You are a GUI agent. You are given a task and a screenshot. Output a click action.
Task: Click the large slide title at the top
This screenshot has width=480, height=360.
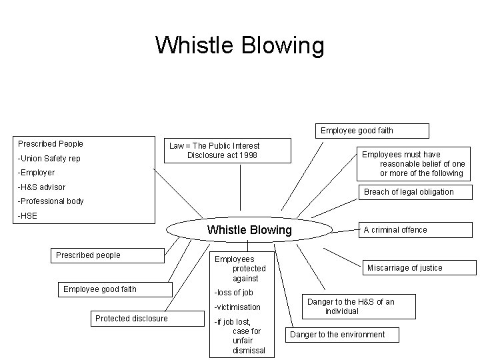click(x=239, y=45)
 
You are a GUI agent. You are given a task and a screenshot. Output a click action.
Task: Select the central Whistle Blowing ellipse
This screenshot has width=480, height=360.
click(x=249, y=230)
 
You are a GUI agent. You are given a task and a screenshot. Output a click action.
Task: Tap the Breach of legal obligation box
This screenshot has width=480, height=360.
click(x=408, y=192)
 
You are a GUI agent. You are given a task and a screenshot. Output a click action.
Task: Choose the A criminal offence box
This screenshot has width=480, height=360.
click(x=395, y=230)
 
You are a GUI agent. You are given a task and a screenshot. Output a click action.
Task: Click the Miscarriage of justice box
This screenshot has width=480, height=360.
click(x=405, y=268)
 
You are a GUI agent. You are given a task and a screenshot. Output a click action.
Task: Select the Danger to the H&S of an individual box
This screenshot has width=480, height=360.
click(x=351, y=307)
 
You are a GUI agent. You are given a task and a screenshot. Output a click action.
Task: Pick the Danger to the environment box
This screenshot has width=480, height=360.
click(x=337, y=335)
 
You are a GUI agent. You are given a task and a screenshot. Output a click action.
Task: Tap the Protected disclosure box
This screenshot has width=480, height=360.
click(x=131, y=319)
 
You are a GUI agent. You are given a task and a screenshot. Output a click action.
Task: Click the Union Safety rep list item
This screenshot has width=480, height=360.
click(x=49, y=159)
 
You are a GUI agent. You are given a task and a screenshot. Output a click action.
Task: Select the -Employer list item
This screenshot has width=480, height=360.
click(x=37, y=173)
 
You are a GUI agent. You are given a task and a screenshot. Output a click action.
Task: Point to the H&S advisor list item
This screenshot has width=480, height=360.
click(x=42, y=187)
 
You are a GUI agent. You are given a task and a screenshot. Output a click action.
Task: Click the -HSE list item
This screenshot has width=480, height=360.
click(x=29, y=215)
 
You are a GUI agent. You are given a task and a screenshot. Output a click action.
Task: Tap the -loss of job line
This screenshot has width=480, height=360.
click(x=233, y=293)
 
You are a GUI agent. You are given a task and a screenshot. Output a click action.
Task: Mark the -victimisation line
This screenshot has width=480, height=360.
click(x=237, y=307)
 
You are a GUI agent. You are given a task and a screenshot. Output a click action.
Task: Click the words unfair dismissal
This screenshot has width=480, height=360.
click(x=249, y=345)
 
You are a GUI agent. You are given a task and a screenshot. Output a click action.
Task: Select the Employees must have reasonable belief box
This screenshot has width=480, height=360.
click(x=413, y=164)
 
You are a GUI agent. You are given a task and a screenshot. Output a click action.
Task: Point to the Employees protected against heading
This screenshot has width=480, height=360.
click(x=240, y=268)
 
